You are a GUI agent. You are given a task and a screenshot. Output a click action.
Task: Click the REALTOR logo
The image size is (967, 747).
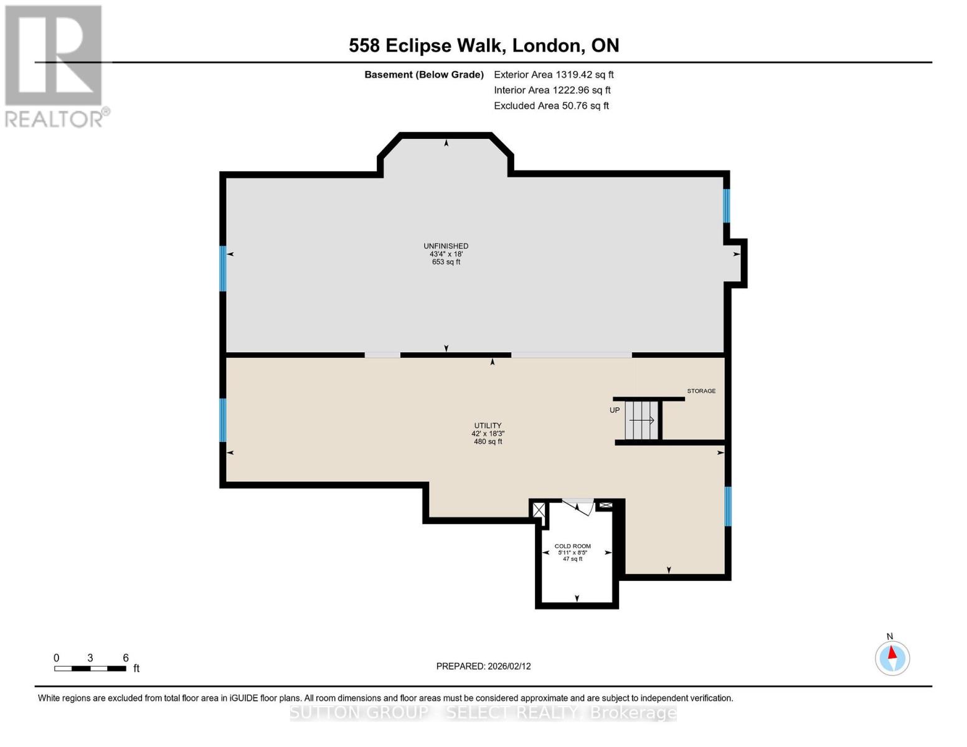pyautogui.click(x=55, y=65)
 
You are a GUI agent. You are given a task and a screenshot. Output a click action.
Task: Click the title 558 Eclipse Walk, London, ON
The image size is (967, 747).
pyautogui.click(x=484, y=45)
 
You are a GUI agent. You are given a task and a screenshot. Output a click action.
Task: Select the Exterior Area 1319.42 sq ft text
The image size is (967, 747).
pyautogui.click(x=554, y=75)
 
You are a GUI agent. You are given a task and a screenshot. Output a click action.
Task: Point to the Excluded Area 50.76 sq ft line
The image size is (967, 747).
pyautogui.click(x=551, y=106)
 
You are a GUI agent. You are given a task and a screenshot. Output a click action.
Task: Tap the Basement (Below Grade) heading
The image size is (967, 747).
pyautogui.click(x=423, y=75)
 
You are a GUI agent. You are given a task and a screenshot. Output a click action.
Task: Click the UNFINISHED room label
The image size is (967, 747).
pyautogui.click(x=446, y=247)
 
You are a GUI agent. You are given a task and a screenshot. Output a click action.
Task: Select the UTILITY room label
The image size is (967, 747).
pyautogui.click(x=488, y=426)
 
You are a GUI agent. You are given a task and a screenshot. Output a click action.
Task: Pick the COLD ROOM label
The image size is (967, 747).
pyautogui.click(x=572, y=547)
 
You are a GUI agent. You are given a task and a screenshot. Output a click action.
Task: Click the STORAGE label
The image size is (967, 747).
pyautogui.click(x=701, y=391)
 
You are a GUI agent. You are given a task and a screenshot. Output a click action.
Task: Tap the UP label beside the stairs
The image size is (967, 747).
pyautogui.click(x=615, y=410)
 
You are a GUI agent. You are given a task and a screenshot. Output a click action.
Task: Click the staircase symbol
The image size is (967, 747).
pyautogui.click(x=641, y=421)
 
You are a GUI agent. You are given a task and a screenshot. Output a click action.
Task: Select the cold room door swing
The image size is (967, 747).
pyautogui.click(x=578, y=507)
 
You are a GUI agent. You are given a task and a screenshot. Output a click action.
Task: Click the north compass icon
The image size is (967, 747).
pyautogui.click(x=892, y=657)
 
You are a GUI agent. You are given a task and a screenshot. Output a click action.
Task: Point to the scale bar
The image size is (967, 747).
pyautogui.click(x=90, y=669)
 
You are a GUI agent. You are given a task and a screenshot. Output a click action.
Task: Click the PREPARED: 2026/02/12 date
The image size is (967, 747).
pyautogui.click(x=483, y=666)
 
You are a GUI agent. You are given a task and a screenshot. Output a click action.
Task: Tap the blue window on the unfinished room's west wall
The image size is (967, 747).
pyautogui.click(x=222, y=268)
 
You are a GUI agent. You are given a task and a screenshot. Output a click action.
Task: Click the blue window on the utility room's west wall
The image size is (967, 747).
pyautogui.click(x=222, y=420)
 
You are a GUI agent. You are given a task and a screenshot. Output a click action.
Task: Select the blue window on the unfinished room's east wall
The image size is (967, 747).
pyautogui.click(x=726, y=205)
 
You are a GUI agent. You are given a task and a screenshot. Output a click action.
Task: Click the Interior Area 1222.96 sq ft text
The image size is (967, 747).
pyautogui.click(x=552, y=90)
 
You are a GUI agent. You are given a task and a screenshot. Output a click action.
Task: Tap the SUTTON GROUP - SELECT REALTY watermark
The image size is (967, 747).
pyautogui.click(x=483, y=713)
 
